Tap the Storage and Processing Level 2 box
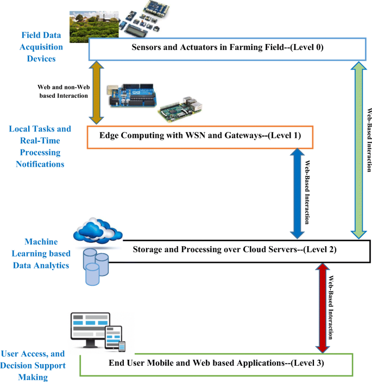point(243,250)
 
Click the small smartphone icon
point(122,346)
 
